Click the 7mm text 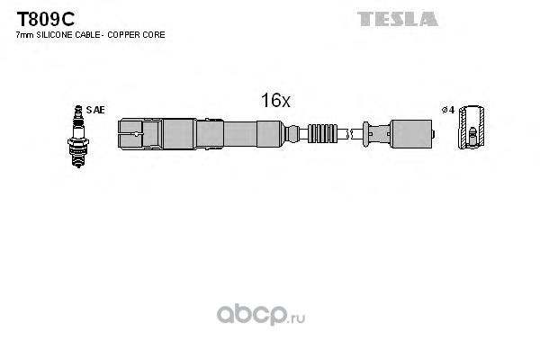pyautogui.click(x=24, y=35)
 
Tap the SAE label pyautogui.click(x=97, y=110)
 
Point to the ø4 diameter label pyautogui.click(x=446, y=110)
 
